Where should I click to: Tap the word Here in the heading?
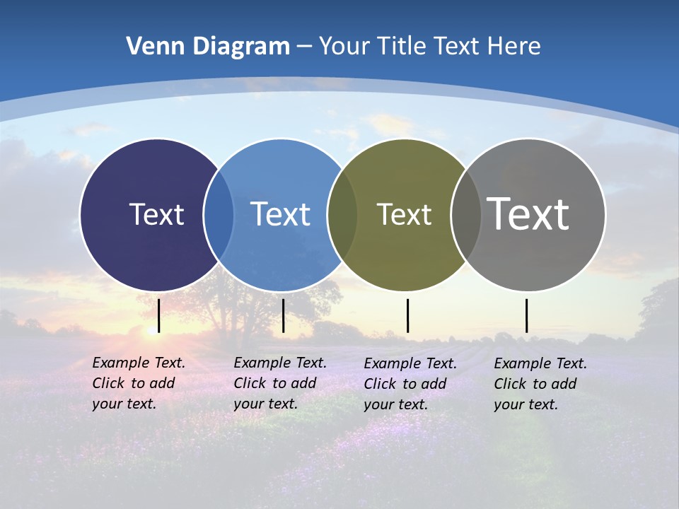click(513, 46)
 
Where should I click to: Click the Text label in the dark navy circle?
click(156, 213)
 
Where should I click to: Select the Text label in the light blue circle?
click(280, 213)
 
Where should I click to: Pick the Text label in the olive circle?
click(404, 214)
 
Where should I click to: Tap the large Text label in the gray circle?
click(528, 213)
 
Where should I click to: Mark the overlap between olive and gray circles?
click(465, 215)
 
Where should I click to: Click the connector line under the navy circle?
click(159, 315)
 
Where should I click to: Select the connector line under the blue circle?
click(283, 315)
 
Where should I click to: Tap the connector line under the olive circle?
click(407, 315)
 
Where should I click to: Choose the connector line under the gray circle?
click(526, 315)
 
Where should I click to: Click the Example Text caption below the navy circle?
click(138, 383)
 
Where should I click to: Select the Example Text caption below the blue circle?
click(279, 383)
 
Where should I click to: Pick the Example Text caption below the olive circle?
click(410, 384)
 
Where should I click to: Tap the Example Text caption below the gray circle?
click(540, 384)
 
